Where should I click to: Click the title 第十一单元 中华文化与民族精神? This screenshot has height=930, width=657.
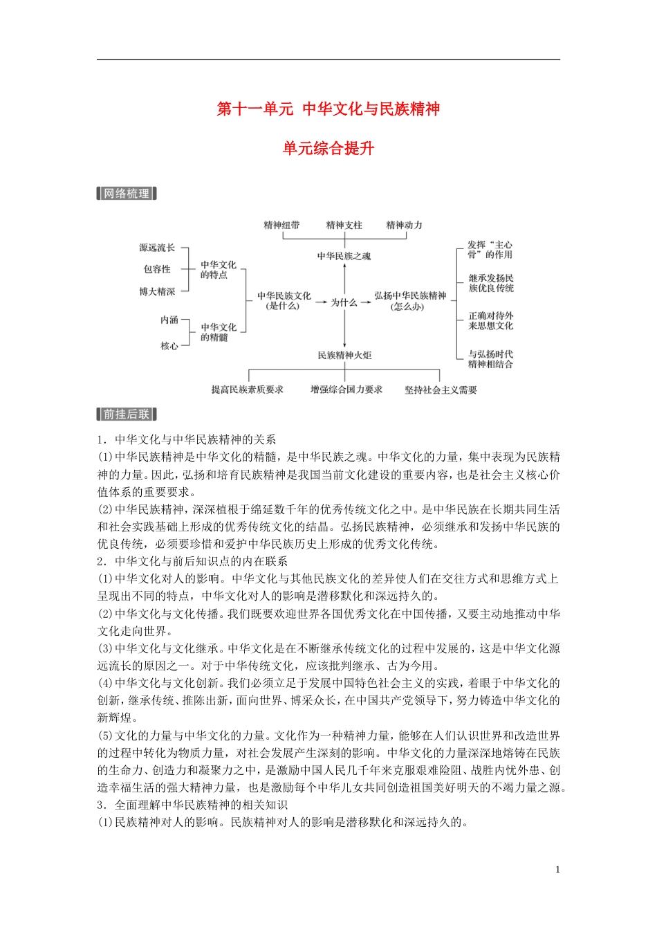(328, 109)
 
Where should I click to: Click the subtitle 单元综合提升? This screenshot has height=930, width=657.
(328, 148)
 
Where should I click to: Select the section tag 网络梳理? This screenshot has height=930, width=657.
(127, 194)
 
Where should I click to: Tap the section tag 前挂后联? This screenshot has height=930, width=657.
(127, 414)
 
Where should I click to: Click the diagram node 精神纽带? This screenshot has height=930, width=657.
(281, 225)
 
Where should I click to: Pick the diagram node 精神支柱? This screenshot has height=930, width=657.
(344, 225)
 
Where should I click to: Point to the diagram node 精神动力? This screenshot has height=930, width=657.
(404, 225)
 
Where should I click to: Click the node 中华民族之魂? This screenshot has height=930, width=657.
(344, 256)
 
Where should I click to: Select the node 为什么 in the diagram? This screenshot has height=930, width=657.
(344, 302)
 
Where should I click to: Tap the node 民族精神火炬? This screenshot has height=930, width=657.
(344, 355)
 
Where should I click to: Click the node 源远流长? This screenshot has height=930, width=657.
(157, 248)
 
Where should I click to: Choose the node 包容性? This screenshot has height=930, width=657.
(157, 269)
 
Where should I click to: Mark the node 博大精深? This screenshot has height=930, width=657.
(157, 292)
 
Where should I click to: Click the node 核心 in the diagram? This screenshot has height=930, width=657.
(169, 346)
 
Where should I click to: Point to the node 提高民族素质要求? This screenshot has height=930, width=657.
(248, 390)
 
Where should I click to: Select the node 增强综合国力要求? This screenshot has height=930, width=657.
(346, 390)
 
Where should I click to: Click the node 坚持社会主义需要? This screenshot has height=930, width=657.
(441, 390)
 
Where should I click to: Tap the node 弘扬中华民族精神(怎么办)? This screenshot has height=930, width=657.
(410, 300)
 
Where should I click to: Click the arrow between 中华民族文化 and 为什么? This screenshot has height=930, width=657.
(320, 302)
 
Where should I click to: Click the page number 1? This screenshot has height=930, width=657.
(557, 870)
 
